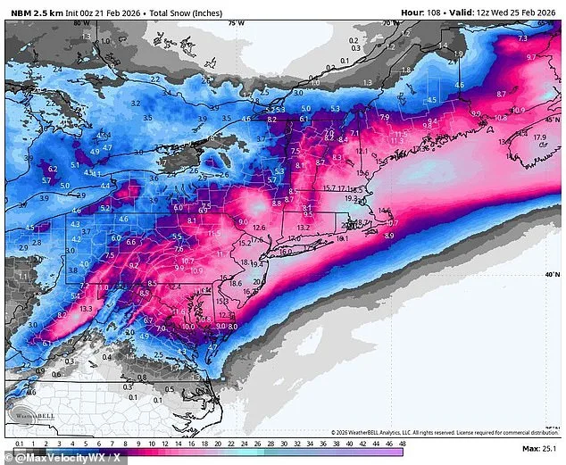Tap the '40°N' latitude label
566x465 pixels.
point(553,275)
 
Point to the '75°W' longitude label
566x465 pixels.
point(236,21)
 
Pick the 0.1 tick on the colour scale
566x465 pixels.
point(20,444)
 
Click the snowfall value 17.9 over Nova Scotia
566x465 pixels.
point(539,137)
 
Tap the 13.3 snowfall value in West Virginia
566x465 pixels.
point(86,309)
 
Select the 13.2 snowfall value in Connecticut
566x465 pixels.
point(303,228)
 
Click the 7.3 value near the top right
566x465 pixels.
point(523,38)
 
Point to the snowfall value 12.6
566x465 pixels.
point(259,228)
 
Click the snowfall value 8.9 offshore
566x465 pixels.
point(388,236)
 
